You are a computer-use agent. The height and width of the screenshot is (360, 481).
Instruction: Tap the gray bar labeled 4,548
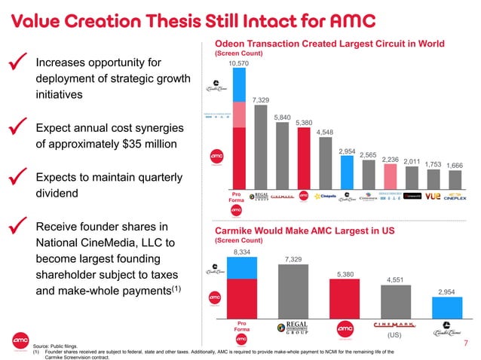click(x=325, y=164)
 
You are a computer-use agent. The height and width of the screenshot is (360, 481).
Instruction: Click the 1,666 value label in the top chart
click(x=455, y=164)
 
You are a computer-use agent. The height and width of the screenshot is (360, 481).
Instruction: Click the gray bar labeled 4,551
click(x=394, y=301)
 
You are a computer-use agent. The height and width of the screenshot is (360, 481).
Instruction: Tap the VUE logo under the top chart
click(x=433, y=196)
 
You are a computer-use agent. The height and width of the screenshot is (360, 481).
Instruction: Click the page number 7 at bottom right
click(x=467, y=343)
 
